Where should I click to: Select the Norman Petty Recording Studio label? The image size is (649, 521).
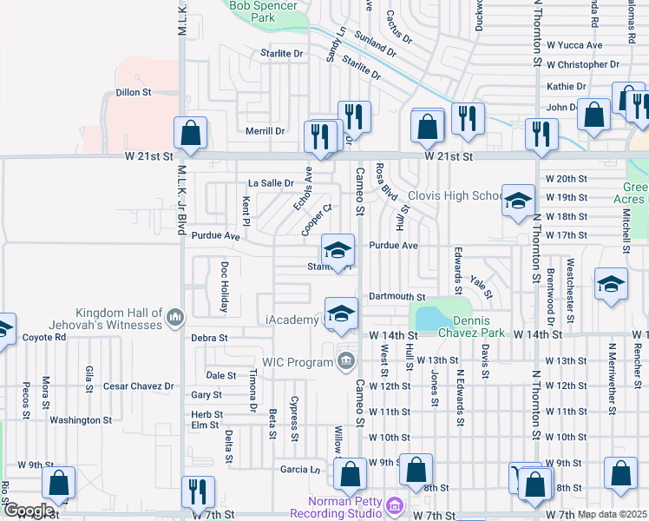click(345, 510)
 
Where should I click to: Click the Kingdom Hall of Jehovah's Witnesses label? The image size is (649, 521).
click(119, 319)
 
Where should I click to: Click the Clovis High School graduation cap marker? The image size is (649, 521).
click(517, 201)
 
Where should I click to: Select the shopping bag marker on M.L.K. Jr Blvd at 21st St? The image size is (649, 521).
click(190, 133)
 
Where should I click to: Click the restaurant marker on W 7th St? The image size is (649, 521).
click(197, 491)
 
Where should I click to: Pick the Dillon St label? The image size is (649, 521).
click(134, 91)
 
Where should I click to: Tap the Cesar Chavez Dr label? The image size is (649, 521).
click(138, 386)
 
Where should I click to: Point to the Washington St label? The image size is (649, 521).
click(81, 420)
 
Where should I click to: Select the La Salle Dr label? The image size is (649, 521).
click(272, 183)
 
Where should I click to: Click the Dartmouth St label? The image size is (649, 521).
click(397, 297)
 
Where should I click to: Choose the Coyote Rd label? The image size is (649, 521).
click(44, 338)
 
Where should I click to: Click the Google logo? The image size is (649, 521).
click(29, 511)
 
